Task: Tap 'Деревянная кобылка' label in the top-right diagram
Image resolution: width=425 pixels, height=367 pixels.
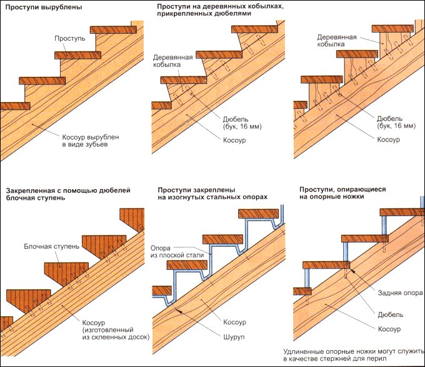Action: click(x=337, y=41)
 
